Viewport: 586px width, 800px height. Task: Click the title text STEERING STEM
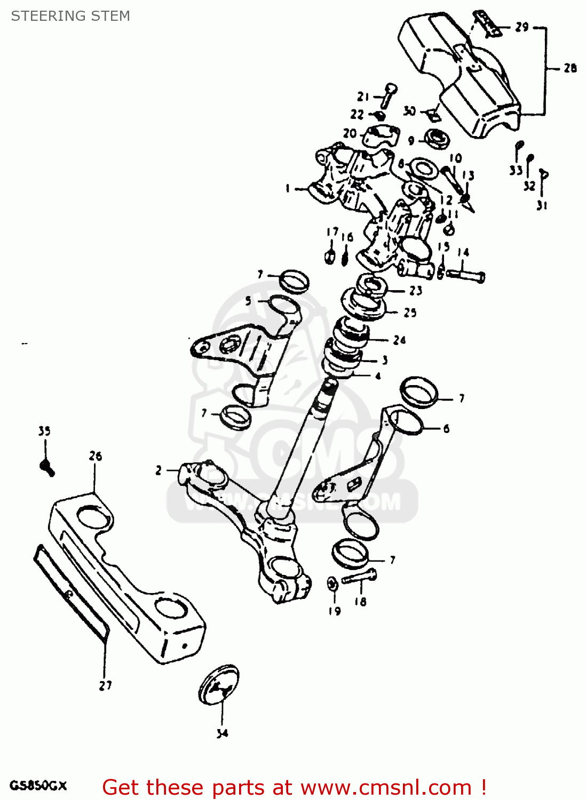click(70, 16)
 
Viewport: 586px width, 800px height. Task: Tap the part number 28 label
click(570, 68)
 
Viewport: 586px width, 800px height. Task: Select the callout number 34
click(222, 733)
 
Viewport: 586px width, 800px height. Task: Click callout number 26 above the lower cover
click(96, 456)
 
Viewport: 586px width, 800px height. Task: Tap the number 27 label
click(105, 685)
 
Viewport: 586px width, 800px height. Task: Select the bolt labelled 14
click(465, 275)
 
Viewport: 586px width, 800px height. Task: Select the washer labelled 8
click(424, 169)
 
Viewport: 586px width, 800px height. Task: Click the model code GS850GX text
click(38, 786)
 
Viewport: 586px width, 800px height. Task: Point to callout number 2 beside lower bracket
click(159, 470)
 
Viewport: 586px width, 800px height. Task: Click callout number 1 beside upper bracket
click(288, 188)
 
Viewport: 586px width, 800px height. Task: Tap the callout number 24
click(399, 340)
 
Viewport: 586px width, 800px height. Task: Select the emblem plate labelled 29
click(487, 24)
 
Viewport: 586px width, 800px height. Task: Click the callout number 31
click(542, 205)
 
